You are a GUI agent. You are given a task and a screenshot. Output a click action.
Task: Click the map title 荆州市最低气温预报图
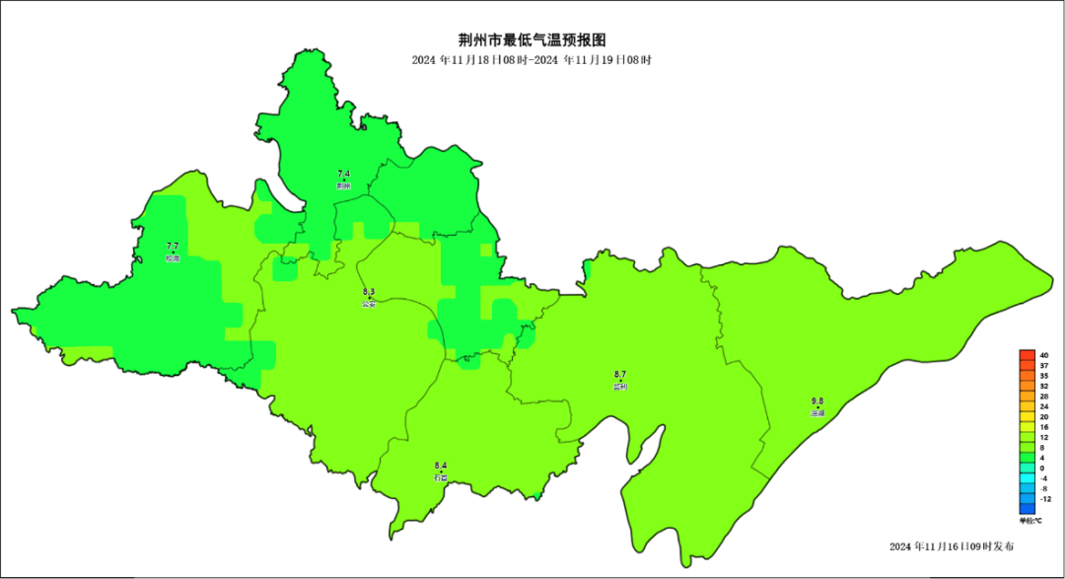(x=532, y=40)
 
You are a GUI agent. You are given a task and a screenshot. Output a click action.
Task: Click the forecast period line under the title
(x=532, y=60)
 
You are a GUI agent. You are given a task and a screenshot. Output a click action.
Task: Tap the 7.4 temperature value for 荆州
(x=343, y=175)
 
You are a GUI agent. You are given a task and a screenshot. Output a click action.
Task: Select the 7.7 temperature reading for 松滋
(x=173, y=247)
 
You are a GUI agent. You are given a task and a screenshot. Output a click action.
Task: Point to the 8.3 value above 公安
(x=369, y=293)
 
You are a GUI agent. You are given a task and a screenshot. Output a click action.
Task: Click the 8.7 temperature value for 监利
(x=620, y=375)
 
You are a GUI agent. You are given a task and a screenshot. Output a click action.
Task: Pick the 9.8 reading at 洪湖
(x=817, y=401)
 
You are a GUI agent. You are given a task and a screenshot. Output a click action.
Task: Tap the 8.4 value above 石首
(x=441, y=466)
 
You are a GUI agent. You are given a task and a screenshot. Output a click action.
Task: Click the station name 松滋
(x=173, y=258)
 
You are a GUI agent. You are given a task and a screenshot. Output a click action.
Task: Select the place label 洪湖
(x=817, y=413)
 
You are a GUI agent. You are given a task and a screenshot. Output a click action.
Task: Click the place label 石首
(x=441, y=477)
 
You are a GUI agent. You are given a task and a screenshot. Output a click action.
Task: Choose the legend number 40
(x=1043, y=355)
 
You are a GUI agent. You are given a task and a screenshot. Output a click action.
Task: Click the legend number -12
(x=1043, y=499)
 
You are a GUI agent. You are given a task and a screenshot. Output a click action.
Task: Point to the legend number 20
(x=1043, y=417)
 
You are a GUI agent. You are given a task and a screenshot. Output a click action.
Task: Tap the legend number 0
(x=1043, y=468)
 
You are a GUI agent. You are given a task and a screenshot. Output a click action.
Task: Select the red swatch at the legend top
(x=1027, y=355)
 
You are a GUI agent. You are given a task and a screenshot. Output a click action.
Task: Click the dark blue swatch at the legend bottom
(x=1027, y=509)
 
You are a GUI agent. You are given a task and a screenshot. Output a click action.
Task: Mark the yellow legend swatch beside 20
(x=1027, y=417)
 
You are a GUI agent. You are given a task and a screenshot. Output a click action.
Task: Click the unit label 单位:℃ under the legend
(x=1030, y=520)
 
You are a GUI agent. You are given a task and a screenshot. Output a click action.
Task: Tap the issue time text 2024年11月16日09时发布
(x=951, y=546)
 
